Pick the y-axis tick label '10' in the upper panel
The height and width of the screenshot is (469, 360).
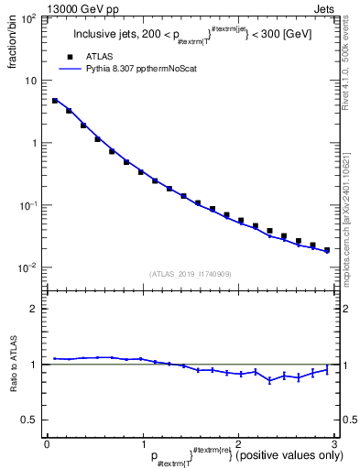click(x=33, y=81)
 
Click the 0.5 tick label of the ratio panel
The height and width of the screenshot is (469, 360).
click(x=31, y=420)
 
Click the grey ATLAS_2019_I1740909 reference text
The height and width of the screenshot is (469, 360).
click(x=191, y=274)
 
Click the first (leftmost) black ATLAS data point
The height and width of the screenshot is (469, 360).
click(x=55, y=101)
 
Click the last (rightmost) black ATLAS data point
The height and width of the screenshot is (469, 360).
click(x=327, y=249)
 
